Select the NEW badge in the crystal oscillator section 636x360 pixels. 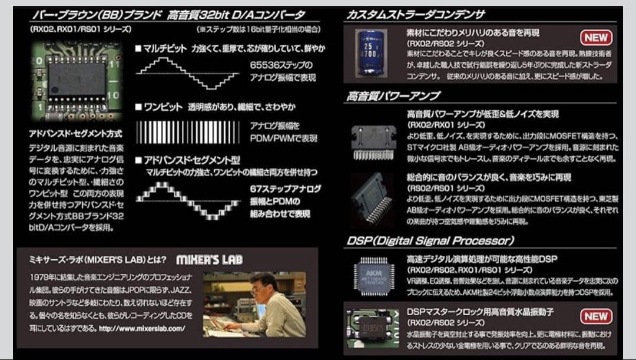coord(595,316)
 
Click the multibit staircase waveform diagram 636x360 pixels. coord(187,74)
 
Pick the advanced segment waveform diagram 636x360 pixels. coord(187,198)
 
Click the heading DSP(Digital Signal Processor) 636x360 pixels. coord(430,240)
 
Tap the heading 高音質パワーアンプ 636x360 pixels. coord(394,95)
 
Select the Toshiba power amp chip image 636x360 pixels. coord(373,199)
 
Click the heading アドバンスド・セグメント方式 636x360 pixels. coord(75,133)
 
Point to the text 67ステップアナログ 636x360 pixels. coord(286,189)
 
